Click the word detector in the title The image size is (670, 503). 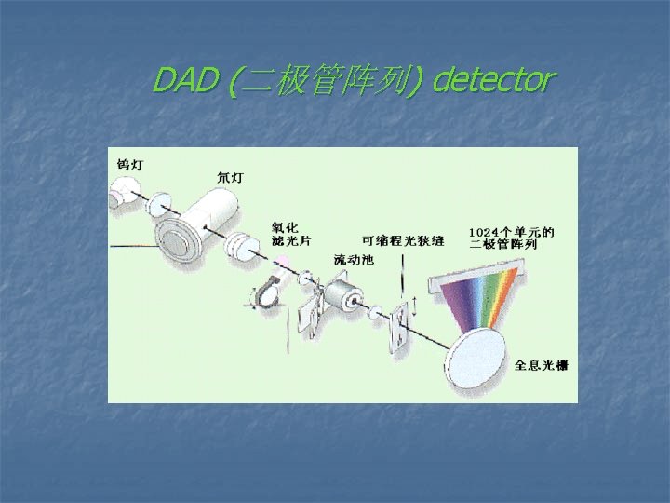494,82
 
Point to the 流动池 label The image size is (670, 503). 354,259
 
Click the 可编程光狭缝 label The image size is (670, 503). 403,240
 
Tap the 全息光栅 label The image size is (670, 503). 541,365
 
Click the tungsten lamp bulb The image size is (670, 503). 120,195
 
